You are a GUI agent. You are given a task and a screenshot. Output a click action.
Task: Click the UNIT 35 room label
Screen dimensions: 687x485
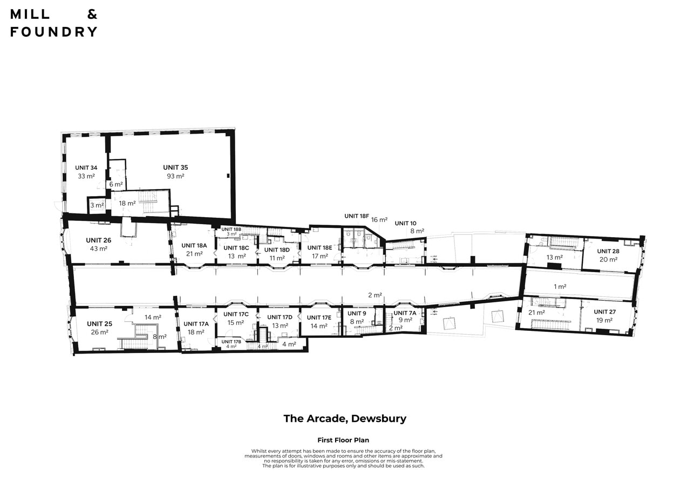click(x=175, y=168)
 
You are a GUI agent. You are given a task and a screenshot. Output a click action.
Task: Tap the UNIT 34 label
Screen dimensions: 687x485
click(x=86, y=168)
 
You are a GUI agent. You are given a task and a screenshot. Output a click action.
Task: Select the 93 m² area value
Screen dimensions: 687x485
click(x=175, y=176)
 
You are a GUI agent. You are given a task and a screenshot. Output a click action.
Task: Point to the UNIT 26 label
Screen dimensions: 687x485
click(x=98, y=240)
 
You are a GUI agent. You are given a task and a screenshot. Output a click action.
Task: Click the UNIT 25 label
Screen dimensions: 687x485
click(x=99, y=324)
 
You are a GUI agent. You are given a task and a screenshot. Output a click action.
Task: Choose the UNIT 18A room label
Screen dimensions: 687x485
click(x=194, y=246)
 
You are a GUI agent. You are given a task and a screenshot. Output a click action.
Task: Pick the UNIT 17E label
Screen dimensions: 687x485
click(x=319, y=318)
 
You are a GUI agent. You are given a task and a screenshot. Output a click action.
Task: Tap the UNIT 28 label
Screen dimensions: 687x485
click(x=608, y=251)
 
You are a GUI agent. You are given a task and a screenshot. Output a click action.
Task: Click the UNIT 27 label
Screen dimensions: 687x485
click(x=605, y=312)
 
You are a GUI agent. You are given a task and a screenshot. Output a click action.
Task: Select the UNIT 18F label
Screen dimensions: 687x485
click(x=356, y=216)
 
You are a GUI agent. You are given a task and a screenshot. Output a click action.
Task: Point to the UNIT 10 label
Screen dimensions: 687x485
click(x=405, y=224)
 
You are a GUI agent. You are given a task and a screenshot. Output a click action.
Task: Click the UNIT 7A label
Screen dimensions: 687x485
click(x=405, y=313)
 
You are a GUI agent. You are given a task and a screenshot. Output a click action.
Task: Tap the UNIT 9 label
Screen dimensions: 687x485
click(x=357, y=314)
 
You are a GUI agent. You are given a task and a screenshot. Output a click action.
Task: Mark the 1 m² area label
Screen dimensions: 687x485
click(x=560, y=287)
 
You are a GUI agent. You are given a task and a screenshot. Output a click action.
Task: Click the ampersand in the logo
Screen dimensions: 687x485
click(x=92, y=14)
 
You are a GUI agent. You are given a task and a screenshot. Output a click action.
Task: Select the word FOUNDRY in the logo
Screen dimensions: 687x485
click(x=53, y=32)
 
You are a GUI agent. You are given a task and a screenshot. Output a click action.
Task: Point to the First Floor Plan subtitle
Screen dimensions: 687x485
click(x=343, y=440)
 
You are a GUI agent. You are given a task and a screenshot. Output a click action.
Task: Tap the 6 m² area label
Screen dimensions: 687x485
click(x=116, y=184)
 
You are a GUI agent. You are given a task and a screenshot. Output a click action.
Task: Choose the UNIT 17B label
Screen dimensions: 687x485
click(x=232, y=342)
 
